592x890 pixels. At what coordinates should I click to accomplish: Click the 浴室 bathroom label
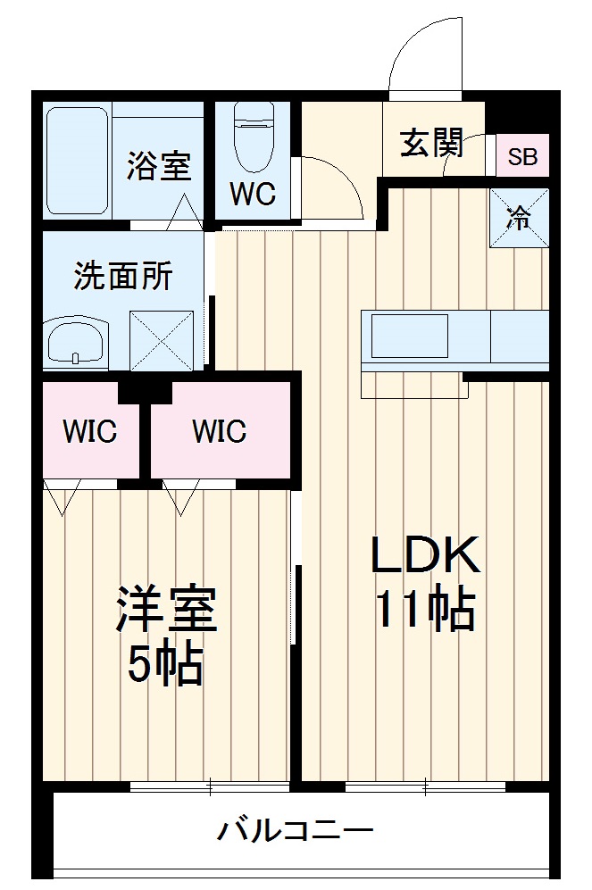(x=158, y=165)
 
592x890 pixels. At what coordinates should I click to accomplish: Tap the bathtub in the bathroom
(x=77, y=161)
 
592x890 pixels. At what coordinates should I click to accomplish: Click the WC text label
(x=253, y=194)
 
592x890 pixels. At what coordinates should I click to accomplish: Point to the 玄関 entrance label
(x=430, y=142)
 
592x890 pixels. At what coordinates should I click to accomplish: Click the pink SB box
(x=522, y=157)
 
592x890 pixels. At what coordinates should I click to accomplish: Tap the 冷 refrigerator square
(x=519, y=219)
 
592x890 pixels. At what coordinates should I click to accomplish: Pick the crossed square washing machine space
(x=162, y=339)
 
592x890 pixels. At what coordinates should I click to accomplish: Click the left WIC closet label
(x=89, y=432)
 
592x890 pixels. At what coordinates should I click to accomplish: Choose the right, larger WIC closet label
(x=219, y=432)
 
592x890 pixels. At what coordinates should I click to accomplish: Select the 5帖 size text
(x=165, y=665)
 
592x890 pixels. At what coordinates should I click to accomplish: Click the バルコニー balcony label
(x=296, y=832)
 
